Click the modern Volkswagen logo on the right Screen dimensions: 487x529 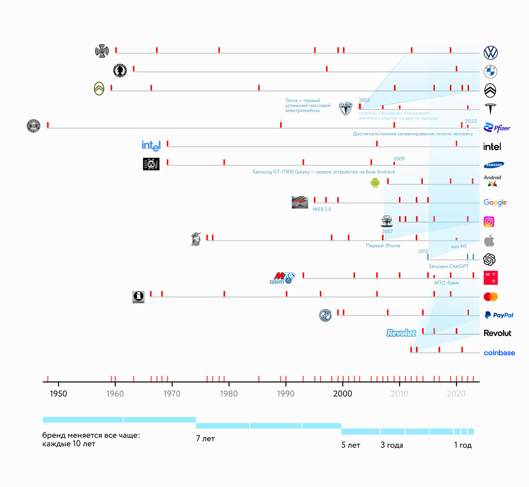490,52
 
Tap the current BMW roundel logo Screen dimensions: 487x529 490,71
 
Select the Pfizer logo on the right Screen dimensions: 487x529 497,128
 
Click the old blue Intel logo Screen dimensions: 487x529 151,146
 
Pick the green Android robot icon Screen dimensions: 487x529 375,183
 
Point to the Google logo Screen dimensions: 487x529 495,202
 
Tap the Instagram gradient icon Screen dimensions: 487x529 489,222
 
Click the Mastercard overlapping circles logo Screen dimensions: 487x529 490,297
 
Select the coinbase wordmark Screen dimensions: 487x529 499,353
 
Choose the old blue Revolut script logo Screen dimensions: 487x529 401,333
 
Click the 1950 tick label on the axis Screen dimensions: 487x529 58,394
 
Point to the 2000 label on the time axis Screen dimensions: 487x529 342,394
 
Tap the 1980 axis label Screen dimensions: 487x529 229,394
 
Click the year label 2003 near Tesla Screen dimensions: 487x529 364,100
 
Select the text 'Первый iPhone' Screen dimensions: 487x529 383,246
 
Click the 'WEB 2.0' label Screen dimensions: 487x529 322,209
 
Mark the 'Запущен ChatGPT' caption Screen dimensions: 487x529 448,266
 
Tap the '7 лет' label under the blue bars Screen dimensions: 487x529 205,438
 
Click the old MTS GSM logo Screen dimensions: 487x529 282,278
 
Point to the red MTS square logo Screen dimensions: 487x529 490,278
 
